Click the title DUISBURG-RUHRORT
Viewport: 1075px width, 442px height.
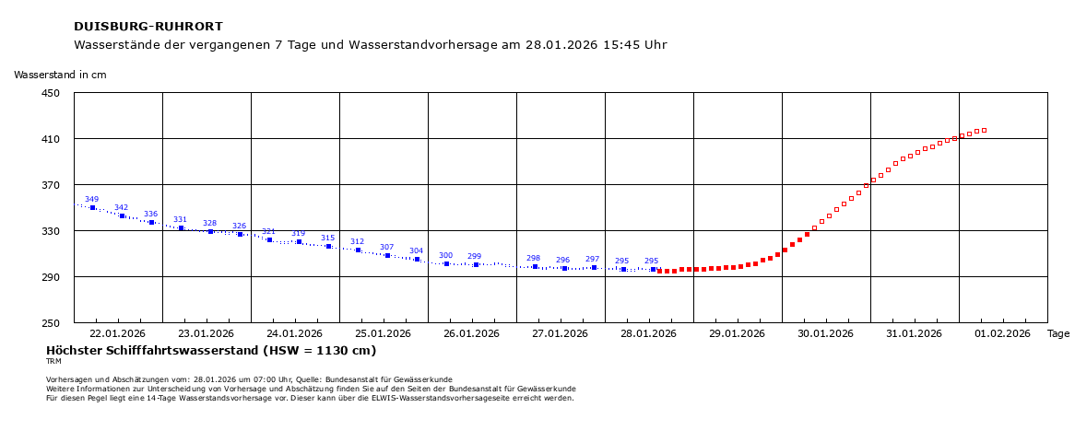[x=148, y=27]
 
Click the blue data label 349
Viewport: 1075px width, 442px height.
[x=91, y=199]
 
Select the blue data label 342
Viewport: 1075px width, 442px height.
[x=121, y=207]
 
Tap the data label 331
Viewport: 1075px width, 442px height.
[x=180, y=219]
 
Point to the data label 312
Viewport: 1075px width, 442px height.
[x=357, y=241]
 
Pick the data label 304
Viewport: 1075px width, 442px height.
[x=416, y=250]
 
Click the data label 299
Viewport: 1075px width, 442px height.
[x=474, y=256]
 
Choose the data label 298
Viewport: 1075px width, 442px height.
[x=533, y=258]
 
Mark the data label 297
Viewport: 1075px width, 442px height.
[x=592, y=259]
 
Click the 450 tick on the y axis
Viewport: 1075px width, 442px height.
[x=49, y=93]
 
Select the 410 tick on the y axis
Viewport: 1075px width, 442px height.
[x=49, y=139]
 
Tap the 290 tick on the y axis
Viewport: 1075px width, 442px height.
[x=49, y=277]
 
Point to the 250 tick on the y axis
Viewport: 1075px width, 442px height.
[x=49, y=323]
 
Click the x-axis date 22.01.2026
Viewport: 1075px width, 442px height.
[x=118, y=333]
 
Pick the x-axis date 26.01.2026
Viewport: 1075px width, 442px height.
[x=472, y=333]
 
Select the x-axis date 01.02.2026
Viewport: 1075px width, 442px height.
[x=1003, y=333]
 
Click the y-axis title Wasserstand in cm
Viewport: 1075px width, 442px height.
[x=60, y=75]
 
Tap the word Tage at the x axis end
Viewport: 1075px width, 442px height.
[x=1058, y=333]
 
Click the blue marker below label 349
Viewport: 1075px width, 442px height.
[x=92, y=208]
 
